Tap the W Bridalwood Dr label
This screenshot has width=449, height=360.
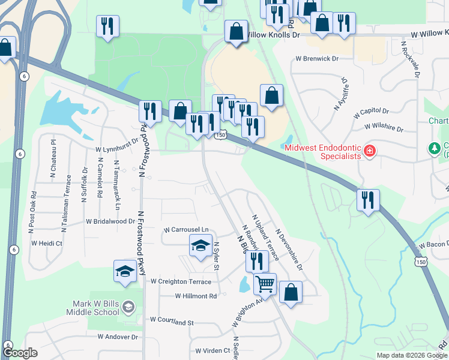click(x=110, y=221)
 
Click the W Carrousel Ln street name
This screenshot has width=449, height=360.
click(x=186, y=230)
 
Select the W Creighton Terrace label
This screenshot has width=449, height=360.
click(x=181, y=281)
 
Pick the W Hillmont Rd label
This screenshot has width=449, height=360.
click(x=196, y=296)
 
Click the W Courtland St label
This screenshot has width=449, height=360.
click(x=172, y=322)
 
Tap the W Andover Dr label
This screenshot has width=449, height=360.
click(x=118, y=337)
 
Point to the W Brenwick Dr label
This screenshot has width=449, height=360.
click(x=317, y=59)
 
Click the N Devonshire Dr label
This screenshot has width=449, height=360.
click(x=289, y=247)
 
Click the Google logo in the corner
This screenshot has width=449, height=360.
click(x=20, y=353)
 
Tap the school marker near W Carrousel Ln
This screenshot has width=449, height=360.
click(x=200, y=245)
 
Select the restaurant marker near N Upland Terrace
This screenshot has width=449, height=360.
click(x=256, y=260)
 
